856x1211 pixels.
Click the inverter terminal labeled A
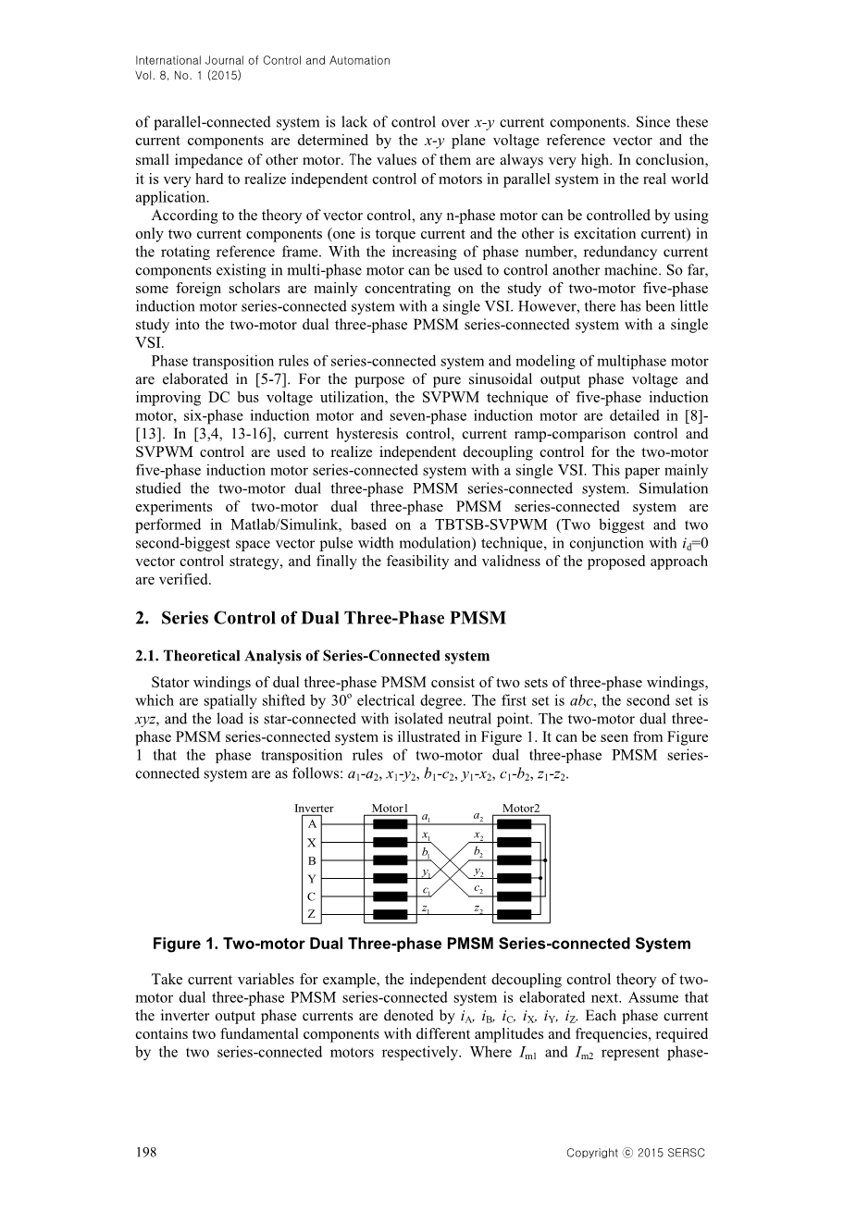click(x=313, y=824)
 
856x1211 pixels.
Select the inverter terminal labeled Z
click(x=313, y=914)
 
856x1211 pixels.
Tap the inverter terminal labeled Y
click(x=313, y=879)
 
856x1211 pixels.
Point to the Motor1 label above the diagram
click(x=390, y=808)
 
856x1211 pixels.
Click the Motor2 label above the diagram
click(x=521, y=808)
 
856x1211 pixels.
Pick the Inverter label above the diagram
click(x=314, y=808)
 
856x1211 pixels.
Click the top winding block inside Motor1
click(x=390, y=824)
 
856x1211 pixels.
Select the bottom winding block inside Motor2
click(x=514, y=914)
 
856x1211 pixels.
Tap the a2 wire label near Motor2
click(x=478, y=816)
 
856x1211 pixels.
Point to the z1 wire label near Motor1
click(x=425, y=908)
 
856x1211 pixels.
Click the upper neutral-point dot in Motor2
click(x=546, y=860)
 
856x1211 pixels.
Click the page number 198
click(x=145, y=1152)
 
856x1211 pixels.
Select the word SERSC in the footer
click(x=686, y=1153)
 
